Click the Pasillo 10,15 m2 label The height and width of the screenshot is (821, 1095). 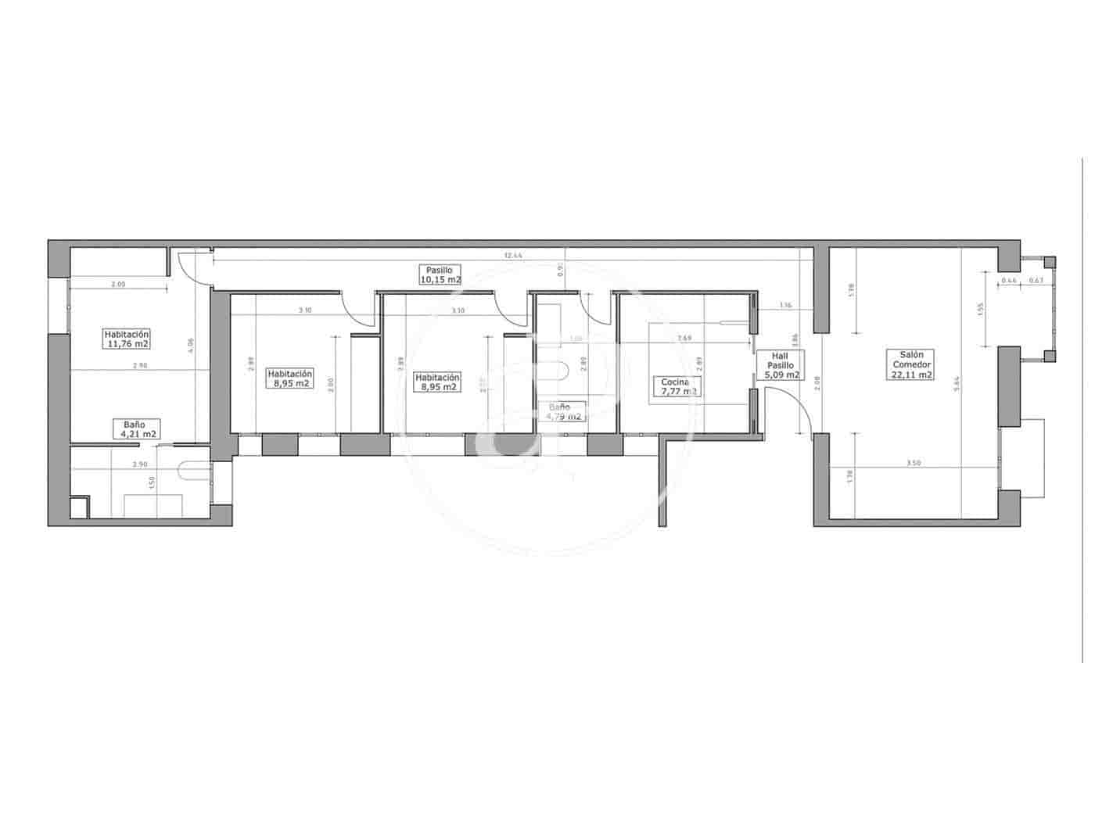(x=440, y=274)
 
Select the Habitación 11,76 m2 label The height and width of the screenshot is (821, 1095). (x=127, y=339)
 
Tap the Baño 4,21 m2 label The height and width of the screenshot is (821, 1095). (x=139, y=429)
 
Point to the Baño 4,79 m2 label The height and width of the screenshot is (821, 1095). (x=564, y=412)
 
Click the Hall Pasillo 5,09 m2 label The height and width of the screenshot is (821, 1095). (x=781, y=365)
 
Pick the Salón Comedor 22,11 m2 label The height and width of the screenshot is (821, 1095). (x=911, y=364)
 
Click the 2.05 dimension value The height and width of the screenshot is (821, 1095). (x=118, y=285)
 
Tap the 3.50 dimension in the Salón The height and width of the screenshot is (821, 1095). (x=914, y=463)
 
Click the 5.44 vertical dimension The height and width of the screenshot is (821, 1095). (x=957, y=383)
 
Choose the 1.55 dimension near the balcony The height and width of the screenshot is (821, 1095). (x=981, y=310)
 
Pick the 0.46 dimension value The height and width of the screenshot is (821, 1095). (x=1009, y=280)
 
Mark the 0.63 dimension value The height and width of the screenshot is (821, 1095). (x=1036, y=280)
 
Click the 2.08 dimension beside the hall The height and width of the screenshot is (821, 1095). (x=817, y=382)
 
